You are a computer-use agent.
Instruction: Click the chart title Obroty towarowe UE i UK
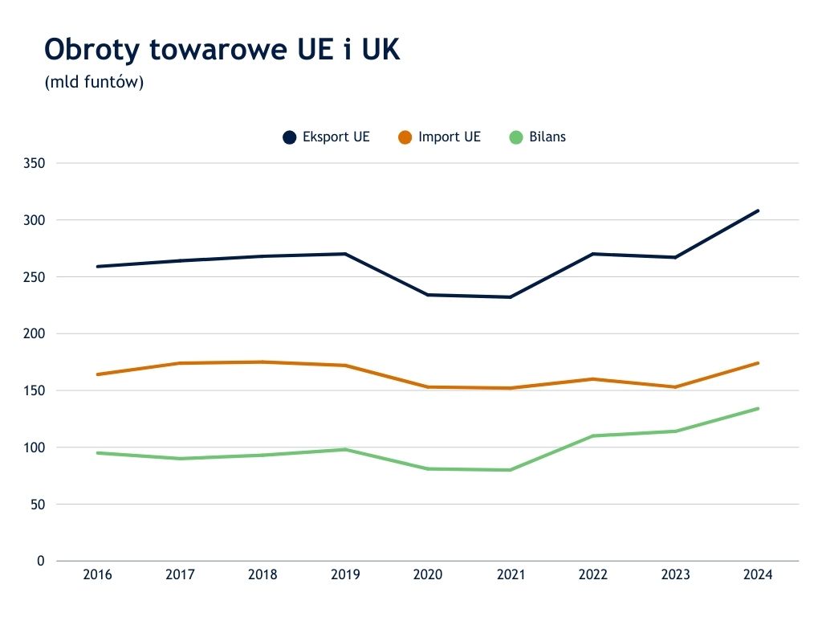(x=222, y=50)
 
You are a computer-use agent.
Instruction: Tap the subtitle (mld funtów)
(x=94, y=82)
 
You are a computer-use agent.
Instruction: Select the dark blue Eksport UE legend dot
(x=290, y=137)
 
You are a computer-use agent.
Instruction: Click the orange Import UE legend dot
(x=405, y=137)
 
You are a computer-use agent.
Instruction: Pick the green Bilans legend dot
(x=516, y=137)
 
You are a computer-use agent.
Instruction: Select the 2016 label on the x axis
(x=97, y=575)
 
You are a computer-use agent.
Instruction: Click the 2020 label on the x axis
(x=428, y=575)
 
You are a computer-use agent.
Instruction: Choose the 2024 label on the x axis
(x=758, y=575)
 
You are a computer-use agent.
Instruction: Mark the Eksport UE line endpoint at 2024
(x=758, y=210)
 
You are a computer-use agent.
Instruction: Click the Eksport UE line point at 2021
(x=511, y=297)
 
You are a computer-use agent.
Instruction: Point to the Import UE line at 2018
(x=262, y=362)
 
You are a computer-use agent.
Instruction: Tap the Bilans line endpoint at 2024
(x=758, y=408)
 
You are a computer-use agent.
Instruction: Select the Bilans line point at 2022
(x=593, y=435)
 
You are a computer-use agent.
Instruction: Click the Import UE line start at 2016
(x=97, y=374)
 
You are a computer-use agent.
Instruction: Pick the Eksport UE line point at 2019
(x=345, y=254)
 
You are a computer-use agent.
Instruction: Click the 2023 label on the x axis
(x=675, y=575)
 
